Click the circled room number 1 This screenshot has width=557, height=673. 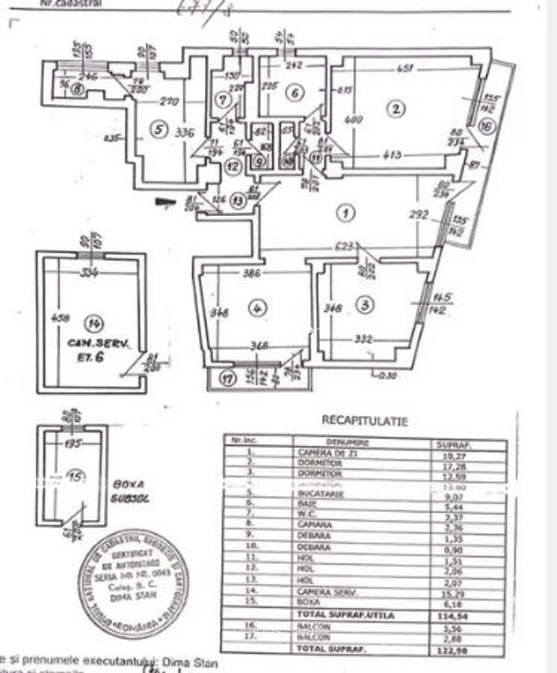(x=345, y=213)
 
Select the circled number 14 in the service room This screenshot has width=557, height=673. (x=94, y=323)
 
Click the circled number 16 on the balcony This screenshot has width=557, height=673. (x=487, y=128)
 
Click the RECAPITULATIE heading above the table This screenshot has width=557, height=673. (x=364, y=421)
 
